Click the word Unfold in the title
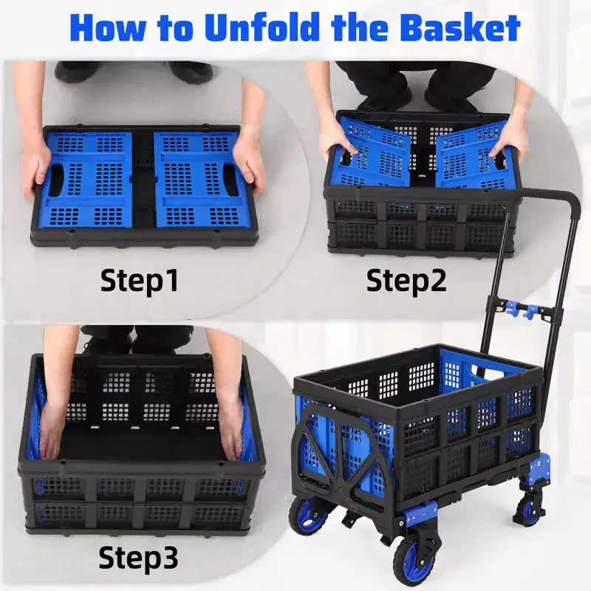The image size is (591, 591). point(262,27)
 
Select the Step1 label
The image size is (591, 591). point(139,281)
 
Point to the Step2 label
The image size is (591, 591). point(406,281)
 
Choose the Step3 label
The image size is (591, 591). point(138,557)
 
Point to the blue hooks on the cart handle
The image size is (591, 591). point(525,310)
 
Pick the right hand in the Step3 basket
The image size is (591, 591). point(230,430)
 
